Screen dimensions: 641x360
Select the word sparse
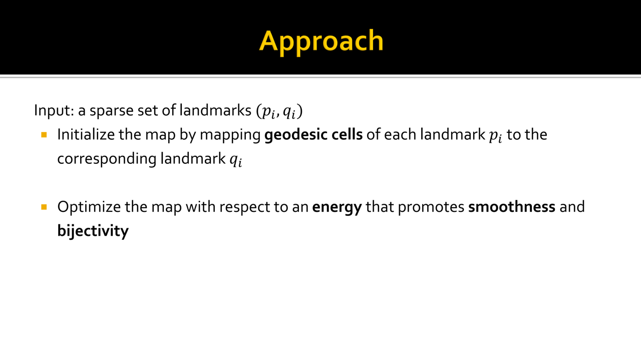111,112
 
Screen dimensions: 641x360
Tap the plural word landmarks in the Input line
215,110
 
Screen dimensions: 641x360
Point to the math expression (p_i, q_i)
279,112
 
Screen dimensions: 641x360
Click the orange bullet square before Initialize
44,135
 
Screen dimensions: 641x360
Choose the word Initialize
86,135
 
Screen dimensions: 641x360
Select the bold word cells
347,135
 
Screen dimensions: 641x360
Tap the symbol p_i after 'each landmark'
496,136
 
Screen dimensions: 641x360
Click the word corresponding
107,159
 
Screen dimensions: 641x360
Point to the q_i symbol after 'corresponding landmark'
236,161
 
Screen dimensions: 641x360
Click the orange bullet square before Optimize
44,207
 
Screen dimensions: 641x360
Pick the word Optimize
89,207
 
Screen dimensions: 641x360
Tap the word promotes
431,207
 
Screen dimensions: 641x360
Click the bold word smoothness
512,207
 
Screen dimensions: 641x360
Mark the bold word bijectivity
93,231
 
